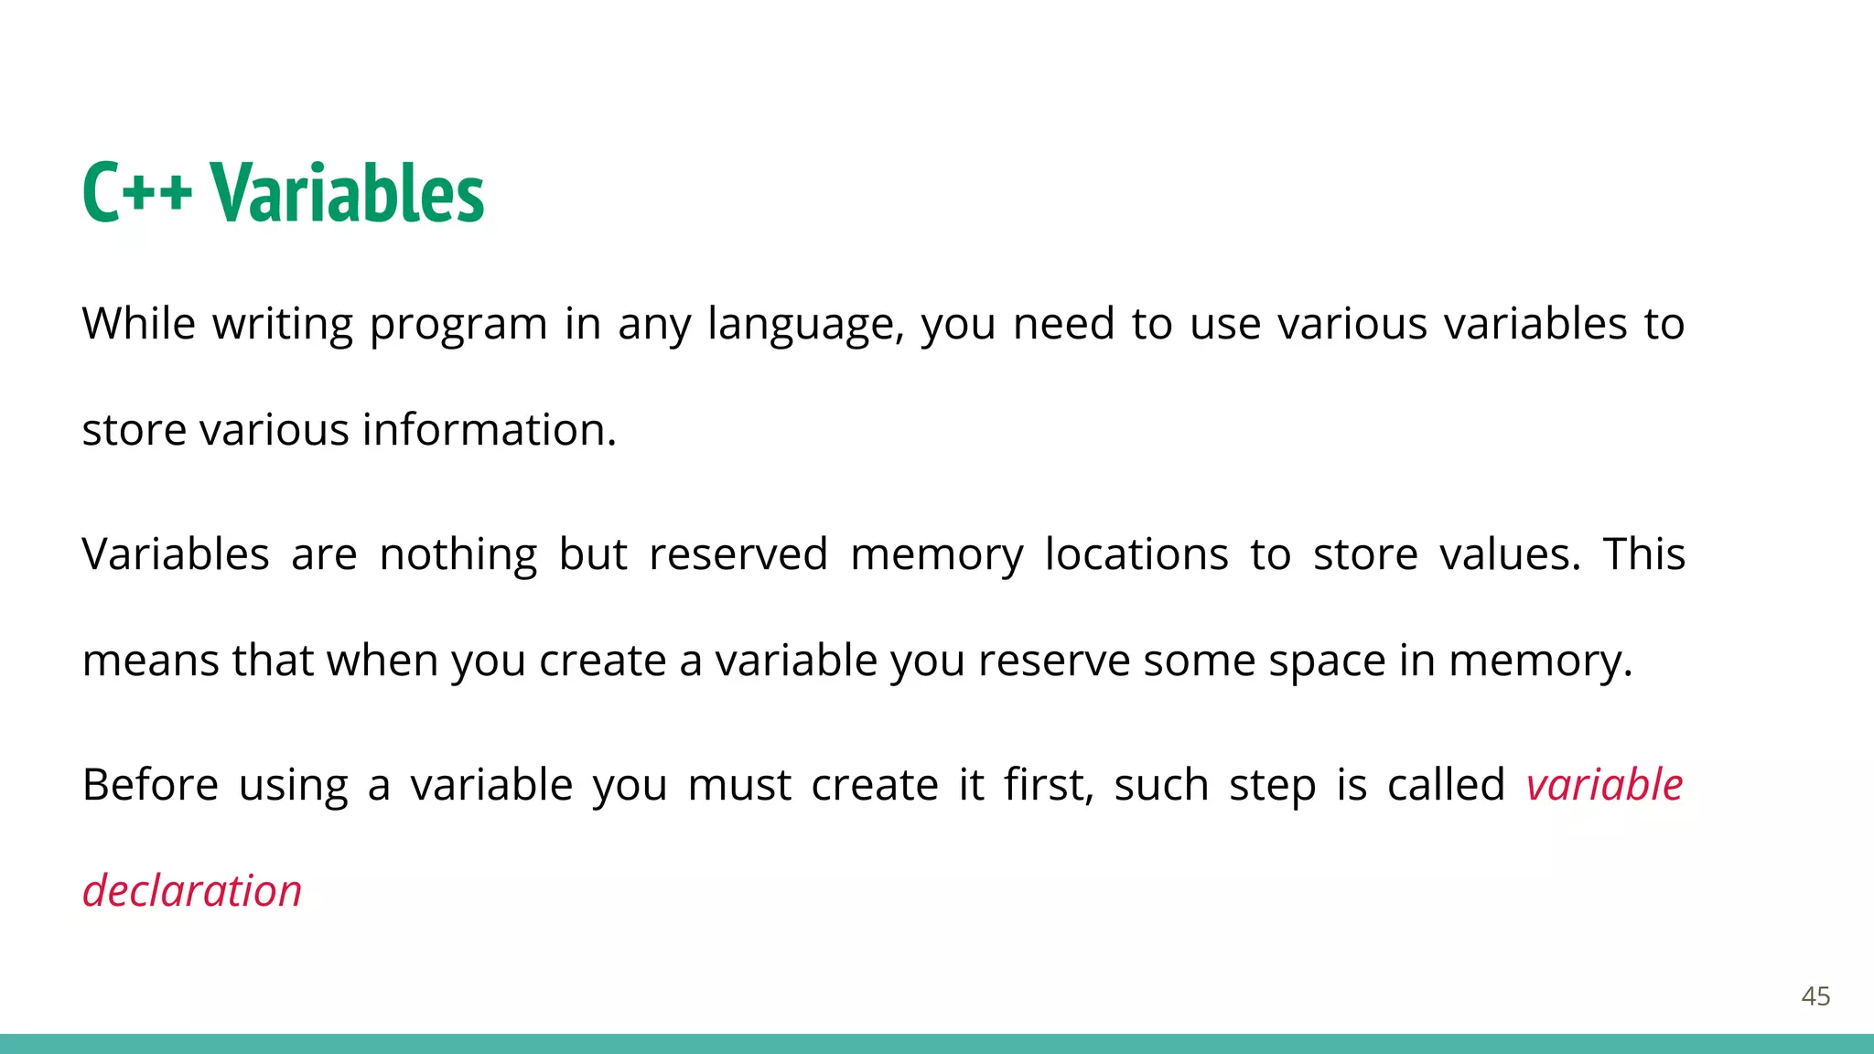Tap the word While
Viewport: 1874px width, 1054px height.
pyautogui.click(x=138, y=324)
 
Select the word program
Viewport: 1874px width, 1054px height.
pyautogui.click(x=458, y=326)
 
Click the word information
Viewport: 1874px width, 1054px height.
pyautogui.click(x=489, y=430)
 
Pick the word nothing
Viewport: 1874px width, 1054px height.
pyautogui.click(x=458, y=555)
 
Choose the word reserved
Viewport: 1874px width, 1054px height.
pyautogui.click(x=738, y=554)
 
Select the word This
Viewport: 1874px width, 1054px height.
pyautogui.click(x=1644, y=554)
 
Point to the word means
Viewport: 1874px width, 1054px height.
pyautogui.click(x=151, y=661)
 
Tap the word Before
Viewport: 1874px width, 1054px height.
pyautogui.click(x=150, y=785)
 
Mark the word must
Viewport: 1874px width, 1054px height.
pyautogui.click(x=739, y=785)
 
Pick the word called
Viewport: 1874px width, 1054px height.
pyautogui.click(x=1446, y=785)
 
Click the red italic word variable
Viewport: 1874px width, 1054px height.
pyautogui.click(x=1604, y=785)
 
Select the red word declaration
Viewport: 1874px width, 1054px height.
pyautogui.click(x=192, y=891)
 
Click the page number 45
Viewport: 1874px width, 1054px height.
pyautogui.click(x=1815, y=996)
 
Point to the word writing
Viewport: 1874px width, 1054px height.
pyautogui.click(x=283, y=326)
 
